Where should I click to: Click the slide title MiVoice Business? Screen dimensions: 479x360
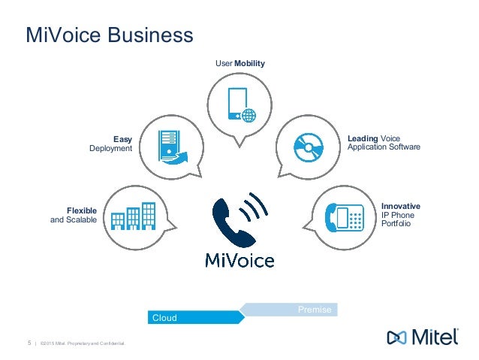110,35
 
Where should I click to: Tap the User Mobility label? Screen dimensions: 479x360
240,64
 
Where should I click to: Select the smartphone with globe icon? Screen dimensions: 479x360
240,105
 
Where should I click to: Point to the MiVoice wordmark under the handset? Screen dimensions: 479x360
239,260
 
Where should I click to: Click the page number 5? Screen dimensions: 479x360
29,343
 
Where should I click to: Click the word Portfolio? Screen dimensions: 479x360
396,224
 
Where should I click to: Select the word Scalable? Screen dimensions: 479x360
80,219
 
